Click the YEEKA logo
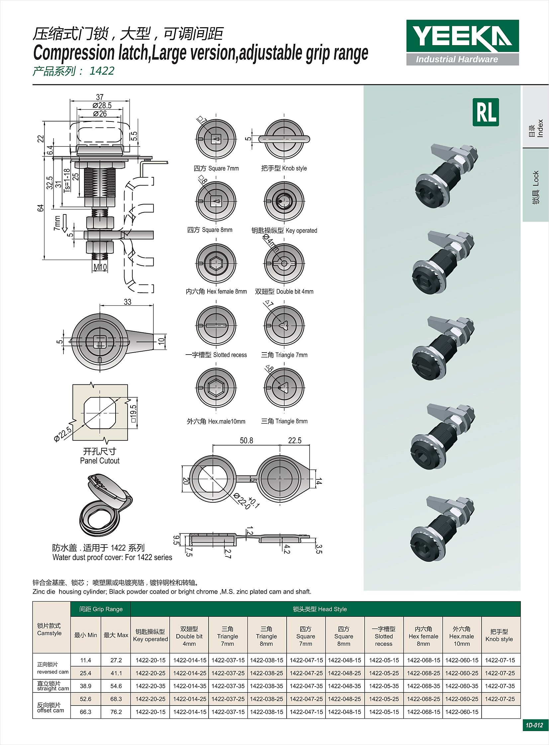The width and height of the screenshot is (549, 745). coord(462,42)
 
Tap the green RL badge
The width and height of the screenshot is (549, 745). coord(486,112)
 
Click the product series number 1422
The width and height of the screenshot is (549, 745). coord(102,71)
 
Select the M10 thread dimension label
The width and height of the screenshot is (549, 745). coord(100,267)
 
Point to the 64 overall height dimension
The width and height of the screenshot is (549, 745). coord(40,208)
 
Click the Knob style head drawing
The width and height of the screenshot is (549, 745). coord(284,139)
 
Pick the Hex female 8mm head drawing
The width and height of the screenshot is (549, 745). coord(216,263)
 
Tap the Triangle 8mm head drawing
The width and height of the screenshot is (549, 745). coord(284,387)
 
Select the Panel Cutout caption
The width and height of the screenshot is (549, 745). coord(100,461)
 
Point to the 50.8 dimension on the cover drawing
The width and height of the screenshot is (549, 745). coord(246,441)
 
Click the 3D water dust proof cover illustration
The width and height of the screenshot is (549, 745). coord(106,505)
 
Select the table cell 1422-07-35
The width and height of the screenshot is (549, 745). coord(500,686)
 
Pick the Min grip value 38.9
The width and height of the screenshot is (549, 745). coord(85,686)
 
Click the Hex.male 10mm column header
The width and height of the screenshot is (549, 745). coord(462,636)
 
